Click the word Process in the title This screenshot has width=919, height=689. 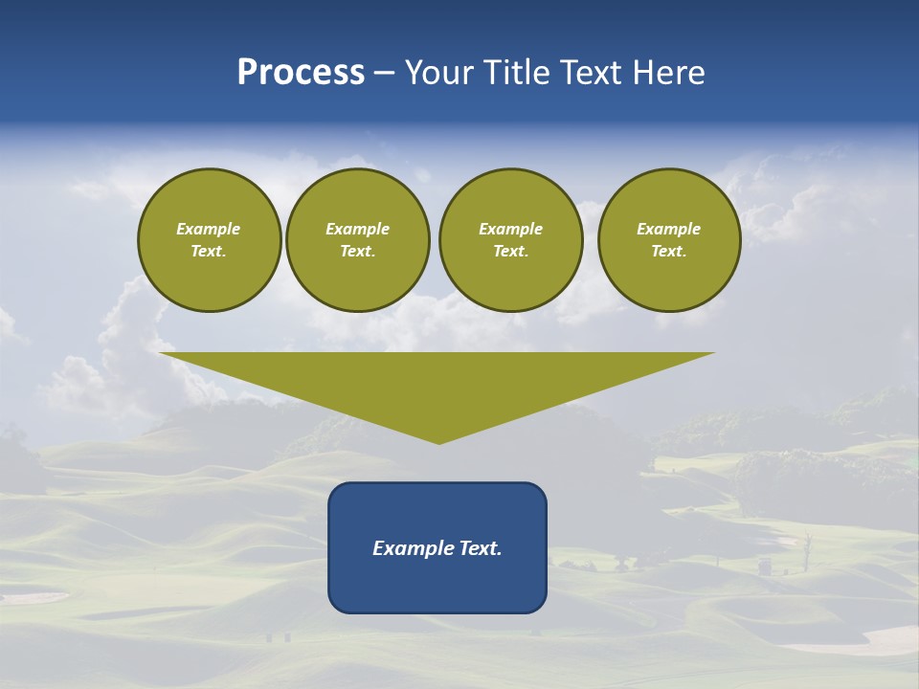coord(301,73)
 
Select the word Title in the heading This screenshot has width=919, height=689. coord(521,73)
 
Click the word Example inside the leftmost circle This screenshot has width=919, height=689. coord(209,229)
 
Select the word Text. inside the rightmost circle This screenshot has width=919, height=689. coord(669,252)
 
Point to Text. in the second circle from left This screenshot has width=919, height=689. coord(358,252)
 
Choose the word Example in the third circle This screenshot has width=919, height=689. coord(511,229)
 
